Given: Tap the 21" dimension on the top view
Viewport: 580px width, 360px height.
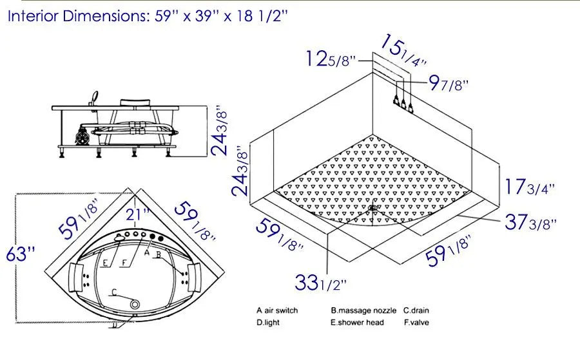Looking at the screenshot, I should pyautogui.click(x=138, y=213).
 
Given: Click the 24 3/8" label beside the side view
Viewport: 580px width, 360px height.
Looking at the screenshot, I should pyautogui.click(x=221, y=131).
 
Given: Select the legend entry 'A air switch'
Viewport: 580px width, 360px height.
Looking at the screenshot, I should pyautogui.click(x=277, y=310).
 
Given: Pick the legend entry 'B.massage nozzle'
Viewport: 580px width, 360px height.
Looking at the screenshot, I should pyautogui.click(x=363, y=310).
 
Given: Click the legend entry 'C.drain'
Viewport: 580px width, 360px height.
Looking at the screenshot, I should pyautogui.click(x=417, y=310).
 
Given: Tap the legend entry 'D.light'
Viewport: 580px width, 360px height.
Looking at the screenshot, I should pyautogui.click(x=267, y=323).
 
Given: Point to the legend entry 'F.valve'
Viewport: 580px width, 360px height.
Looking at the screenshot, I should pyautogui.click(x=416, y=323).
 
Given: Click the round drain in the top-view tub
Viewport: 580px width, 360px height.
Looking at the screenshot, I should pyautogui.click(x=135, y=303).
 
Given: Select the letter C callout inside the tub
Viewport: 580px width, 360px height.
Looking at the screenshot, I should pyautogui.click(x=114, y=293).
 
